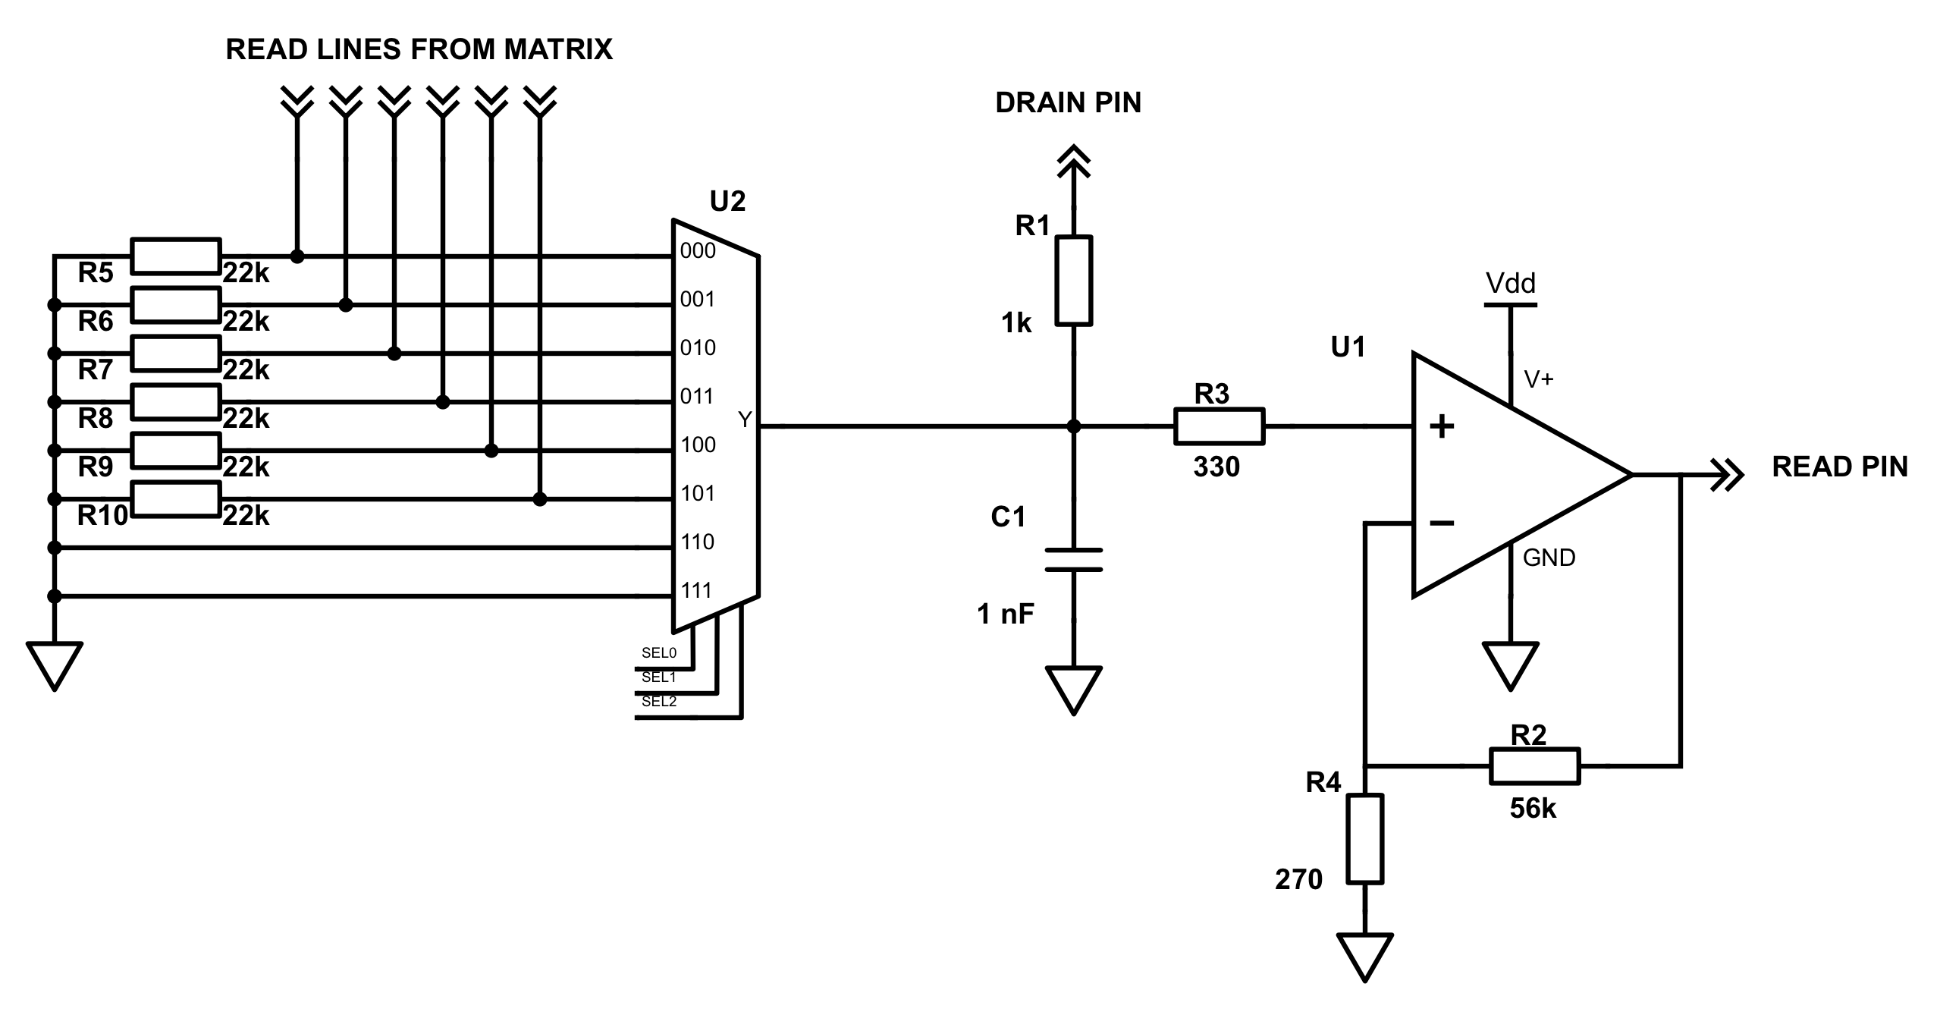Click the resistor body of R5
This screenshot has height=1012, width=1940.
pos(176,256)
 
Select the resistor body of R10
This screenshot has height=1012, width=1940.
pos(176,499)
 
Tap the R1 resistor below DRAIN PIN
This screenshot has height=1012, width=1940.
pos(1074,281)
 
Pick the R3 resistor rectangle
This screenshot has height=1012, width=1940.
pos(1220,426)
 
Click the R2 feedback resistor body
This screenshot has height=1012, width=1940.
pos(1535,766)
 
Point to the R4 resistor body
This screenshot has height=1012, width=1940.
pos(1365,839)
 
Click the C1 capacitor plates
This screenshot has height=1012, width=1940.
pos(1074,560)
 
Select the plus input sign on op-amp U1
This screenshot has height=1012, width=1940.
pos(1442,426)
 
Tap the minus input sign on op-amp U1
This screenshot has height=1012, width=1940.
pos(1442,523)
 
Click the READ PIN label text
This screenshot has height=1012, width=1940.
pos(1840,467)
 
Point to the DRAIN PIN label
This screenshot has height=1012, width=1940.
pos(1068,102)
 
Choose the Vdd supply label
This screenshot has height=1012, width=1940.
pos(1511,284)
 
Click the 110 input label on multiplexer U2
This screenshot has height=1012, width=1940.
pos(698,542)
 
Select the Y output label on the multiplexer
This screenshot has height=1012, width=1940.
pos(745,419)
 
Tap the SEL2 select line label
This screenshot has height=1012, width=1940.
pos(658,702)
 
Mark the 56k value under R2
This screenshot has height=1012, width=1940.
pos(1533,809)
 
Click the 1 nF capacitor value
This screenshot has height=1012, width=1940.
pos(1006,614)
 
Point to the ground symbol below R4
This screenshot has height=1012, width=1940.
pos(1365,957)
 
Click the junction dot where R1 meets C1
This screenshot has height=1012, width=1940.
pos(1074,426)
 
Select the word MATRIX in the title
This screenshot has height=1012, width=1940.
pos(558,49)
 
